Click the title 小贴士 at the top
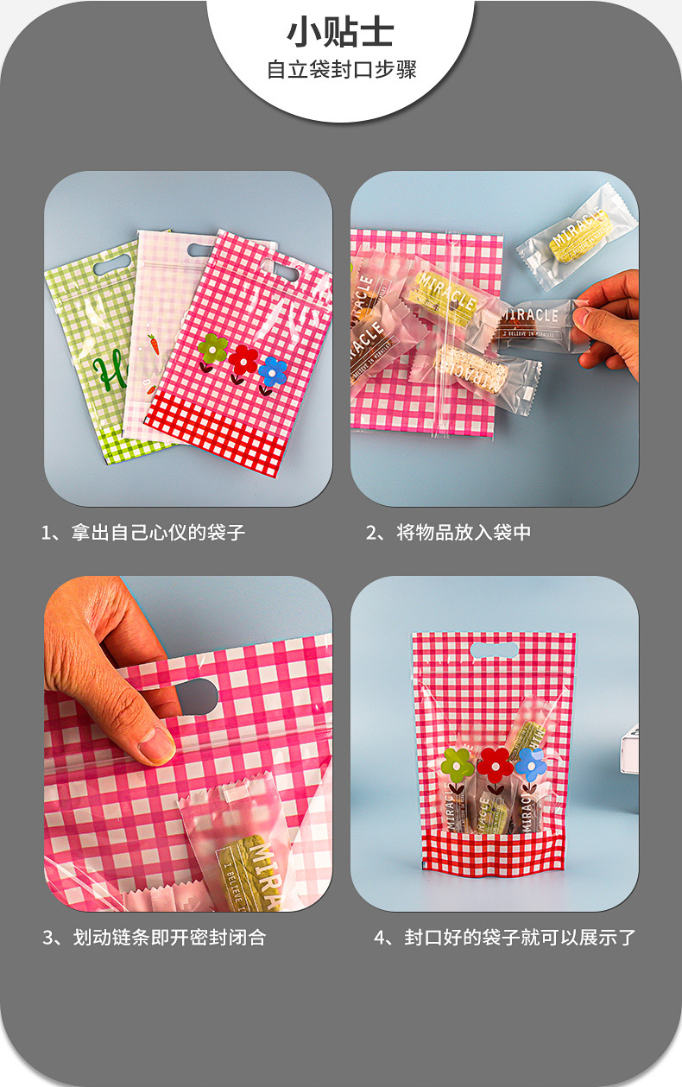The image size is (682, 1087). click(x=340, y=33)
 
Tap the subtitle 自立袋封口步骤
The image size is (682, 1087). click(x=341, y=70)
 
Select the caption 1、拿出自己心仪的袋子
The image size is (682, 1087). click(x=143, y=533)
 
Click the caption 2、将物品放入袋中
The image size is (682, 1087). click(x=448, y=533)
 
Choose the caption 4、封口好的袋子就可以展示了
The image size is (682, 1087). click(x=504, y=937)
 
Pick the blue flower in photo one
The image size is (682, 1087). click(x=273, y=371)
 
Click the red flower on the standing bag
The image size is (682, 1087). click(x=496, y=762)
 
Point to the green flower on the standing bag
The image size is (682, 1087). click(x=458, y=764)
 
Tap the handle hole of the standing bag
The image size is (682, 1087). click(x=494, y=649)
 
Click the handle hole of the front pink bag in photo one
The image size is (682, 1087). click(x=281, y=272)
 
